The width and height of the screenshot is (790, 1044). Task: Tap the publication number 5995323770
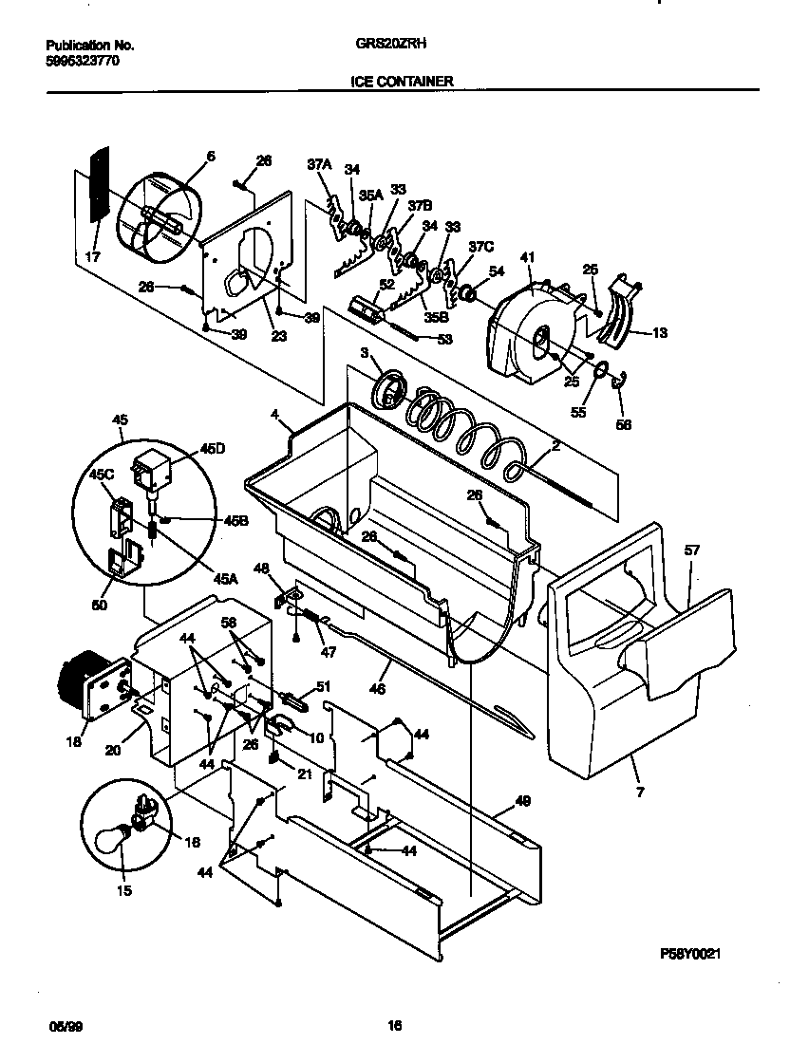83,60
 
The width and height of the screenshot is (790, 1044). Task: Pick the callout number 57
692,550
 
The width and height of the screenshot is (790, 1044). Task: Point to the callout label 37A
319,164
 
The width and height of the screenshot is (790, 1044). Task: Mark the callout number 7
639,792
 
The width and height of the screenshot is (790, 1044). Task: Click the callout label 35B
436,318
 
